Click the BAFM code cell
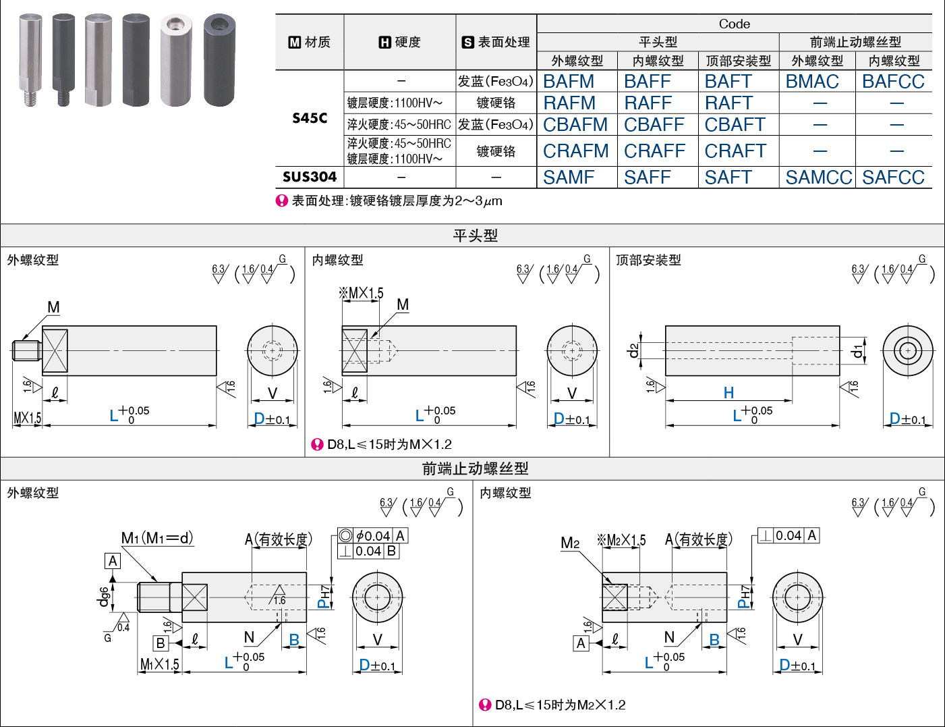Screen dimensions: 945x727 (x=569, y=82)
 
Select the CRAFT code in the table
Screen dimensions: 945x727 (x=735, y=151)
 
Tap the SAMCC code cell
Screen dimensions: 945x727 (x=818, y=177)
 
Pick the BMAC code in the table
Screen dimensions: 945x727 (x=812, y=82)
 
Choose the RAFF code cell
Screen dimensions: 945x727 (x=648, y=103)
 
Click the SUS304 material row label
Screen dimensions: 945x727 (x=310, y=177)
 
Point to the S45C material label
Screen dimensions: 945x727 (x=310, y=118)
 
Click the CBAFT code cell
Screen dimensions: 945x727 (x=735, y=125)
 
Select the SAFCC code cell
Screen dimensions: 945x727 (x=893, y=177)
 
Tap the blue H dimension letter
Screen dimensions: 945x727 (x=729, y=393)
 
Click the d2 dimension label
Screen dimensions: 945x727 (x=633, y=350)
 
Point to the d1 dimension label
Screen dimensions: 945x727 (x=857, y=350)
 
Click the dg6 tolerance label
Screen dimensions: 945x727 (x=103, y=597)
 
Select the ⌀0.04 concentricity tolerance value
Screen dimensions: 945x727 (x=373, y=535)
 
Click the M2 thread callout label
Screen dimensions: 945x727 (x=570, y=543)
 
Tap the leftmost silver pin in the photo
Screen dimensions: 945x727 (x=30, y=60)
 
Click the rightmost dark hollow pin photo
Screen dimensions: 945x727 (x=220, y=60)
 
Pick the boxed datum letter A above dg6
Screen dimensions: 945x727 (x=113, y=561)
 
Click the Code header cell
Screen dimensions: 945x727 (x=734, y=24)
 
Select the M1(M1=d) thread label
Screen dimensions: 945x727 (x=157, y=538)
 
